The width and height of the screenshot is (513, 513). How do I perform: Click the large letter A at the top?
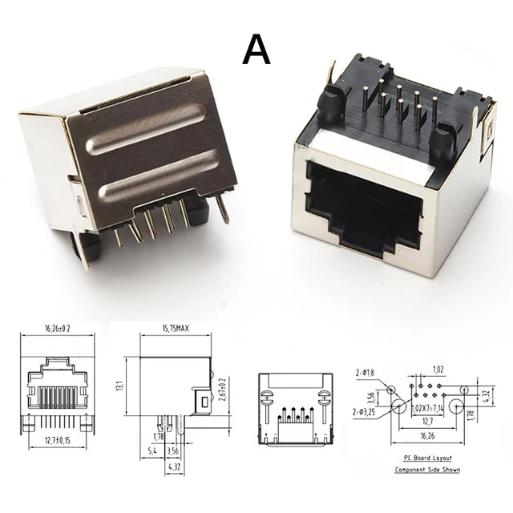click(x=256, y=50)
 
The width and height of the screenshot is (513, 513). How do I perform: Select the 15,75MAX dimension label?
click(x=175, y=329)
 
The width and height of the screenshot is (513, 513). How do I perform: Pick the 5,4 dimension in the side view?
click(x=152, y=451)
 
